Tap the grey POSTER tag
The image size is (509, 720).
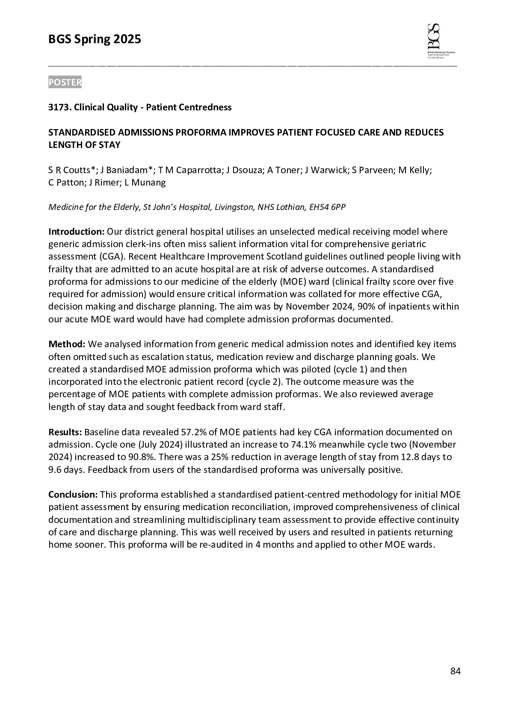pyautogui.click(x=65, y=83)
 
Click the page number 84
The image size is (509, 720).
pyautogui.click(x=455, y=671)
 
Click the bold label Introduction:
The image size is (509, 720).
pyautogui.click(x=76, y=232)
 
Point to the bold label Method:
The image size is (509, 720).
pyautogui.click(x=67, y=344)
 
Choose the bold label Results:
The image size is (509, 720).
pyautogui.click(x=65, y=432)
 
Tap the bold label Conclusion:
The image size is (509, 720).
pyautogui.click(x=73, y=495)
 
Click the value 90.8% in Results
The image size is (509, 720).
pyautogui.click(x=141, y=457)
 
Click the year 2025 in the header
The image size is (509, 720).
pyautogui.click(x=127, y=40)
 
